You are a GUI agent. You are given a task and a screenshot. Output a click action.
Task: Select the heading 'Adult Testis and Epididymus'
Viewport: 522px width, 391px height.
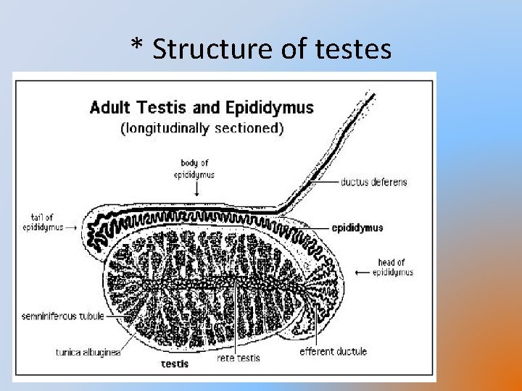coord(202,109)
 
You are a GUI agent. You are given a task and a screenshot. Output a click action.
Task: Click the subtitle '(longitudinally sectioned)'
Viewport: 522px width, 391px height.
coord(202,128)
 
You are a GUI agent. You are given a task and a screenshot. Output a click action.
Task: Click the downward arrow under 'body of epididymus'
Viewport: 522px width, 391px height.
coord(197,188)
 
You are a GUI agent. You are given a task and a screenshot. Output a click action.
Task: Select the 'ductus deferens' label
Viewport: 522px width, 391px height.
coord(374,182)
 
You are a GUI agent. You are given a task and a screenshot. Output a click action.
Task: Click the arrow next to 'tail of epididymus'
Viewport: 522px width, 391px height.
coord(72,226)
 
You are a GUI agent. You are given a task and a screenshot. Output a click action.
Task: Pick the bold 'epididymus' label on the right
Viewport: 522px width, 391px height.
coord(357,227)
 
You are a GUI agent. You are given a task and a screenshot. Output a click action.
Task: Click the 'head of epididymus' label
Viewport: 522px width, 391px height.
coord(392,267)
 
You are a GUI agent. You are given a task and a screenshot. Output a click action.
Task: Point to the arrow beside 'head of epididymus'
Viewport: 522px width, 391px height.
coord(362,272)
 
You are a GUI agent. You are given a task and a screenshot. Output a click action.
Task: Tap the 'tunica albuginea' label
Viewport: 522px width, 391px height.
coord(88,353)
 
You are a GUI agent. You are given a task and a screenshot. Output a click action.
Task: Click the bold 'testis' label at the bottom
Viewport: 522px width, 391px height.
coord(175,363)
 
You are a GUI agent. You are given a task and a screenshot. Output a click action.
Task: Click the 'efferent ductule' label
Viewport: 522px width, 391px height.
coord(333,352)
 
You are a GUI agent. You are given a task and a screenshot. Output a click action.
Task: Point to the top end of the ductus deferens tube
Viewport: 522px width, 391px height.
coord(372,93)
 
